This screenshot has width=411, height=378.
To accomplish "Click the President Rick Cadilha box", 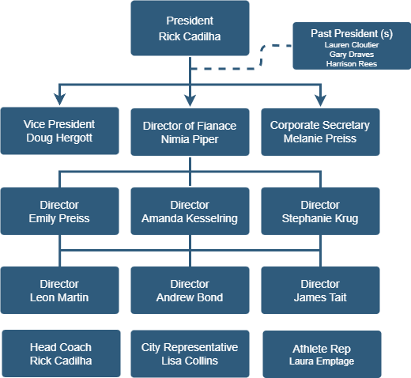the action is (190, 28).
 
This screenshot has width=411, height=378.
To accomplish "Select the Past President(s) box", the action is (352, 46).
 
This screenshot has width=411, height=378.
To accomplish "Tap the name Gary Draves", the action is (352, 55).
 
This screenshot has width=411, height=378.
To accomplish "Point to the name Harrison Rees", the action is (352, 64).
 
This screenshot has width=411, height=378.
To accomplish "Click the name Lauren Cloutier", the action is (352, 45).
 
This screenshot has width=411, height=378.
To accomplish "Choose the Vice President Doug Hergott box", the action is (60, 130).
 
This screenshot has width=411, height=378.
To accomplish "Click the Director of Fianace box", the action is (190, 132).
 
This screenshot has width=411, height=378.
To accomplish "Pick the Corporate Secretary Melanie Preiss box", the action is (320, 132).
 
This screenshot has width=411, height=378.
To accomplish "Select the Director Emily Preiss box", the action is (60, 211).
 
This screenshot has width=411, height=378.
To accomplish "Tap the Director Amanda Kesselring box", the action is (190, 211).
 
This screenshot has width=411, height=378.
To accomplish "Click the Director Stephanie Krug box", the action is (320, 211).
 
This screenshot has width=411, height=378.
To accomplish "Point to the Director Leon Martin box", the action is (60, 290).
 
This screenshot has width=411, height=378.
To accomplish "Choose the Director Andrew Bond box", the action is (190, 290).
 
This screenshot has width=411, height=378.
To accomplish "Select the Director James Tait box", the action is (320, 290).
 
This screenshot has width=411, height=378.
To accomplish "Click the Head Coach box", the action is (61, 353).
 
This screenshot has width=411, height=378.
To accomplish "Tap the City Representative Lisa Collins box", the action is (190, 353).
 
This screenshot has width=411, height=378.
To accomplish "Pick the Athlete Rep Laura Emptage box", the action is (322, 354).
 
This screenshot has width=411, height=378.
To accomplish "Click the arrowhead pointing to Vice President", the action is (60, 100).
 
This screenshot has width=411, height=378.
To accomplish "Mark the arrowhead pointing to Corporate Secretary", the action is (320, 100).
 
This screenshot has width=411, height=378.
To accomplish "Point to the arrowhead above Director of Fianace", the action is (190, 100).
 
